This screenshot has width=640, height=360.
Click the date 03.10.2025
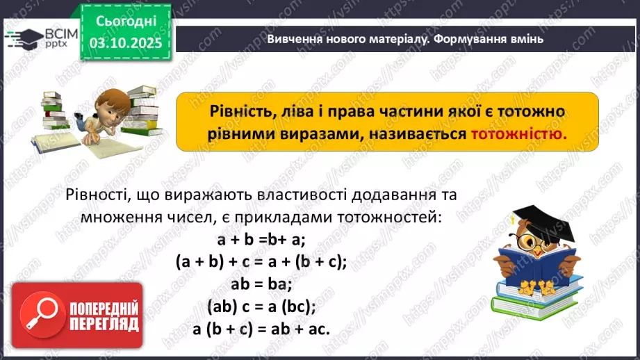point(125,43)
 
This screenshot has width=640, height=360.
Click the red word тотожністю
point(518,133)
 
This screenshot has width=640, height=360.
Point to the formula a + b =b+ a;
point(261,240)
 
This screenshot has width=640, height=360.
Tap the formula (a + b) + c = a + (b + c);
point(261,262)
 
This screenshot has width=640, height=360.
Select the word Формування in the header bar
point(473,39)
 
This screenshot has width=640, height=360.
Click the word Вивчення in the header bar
point(294,39)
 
